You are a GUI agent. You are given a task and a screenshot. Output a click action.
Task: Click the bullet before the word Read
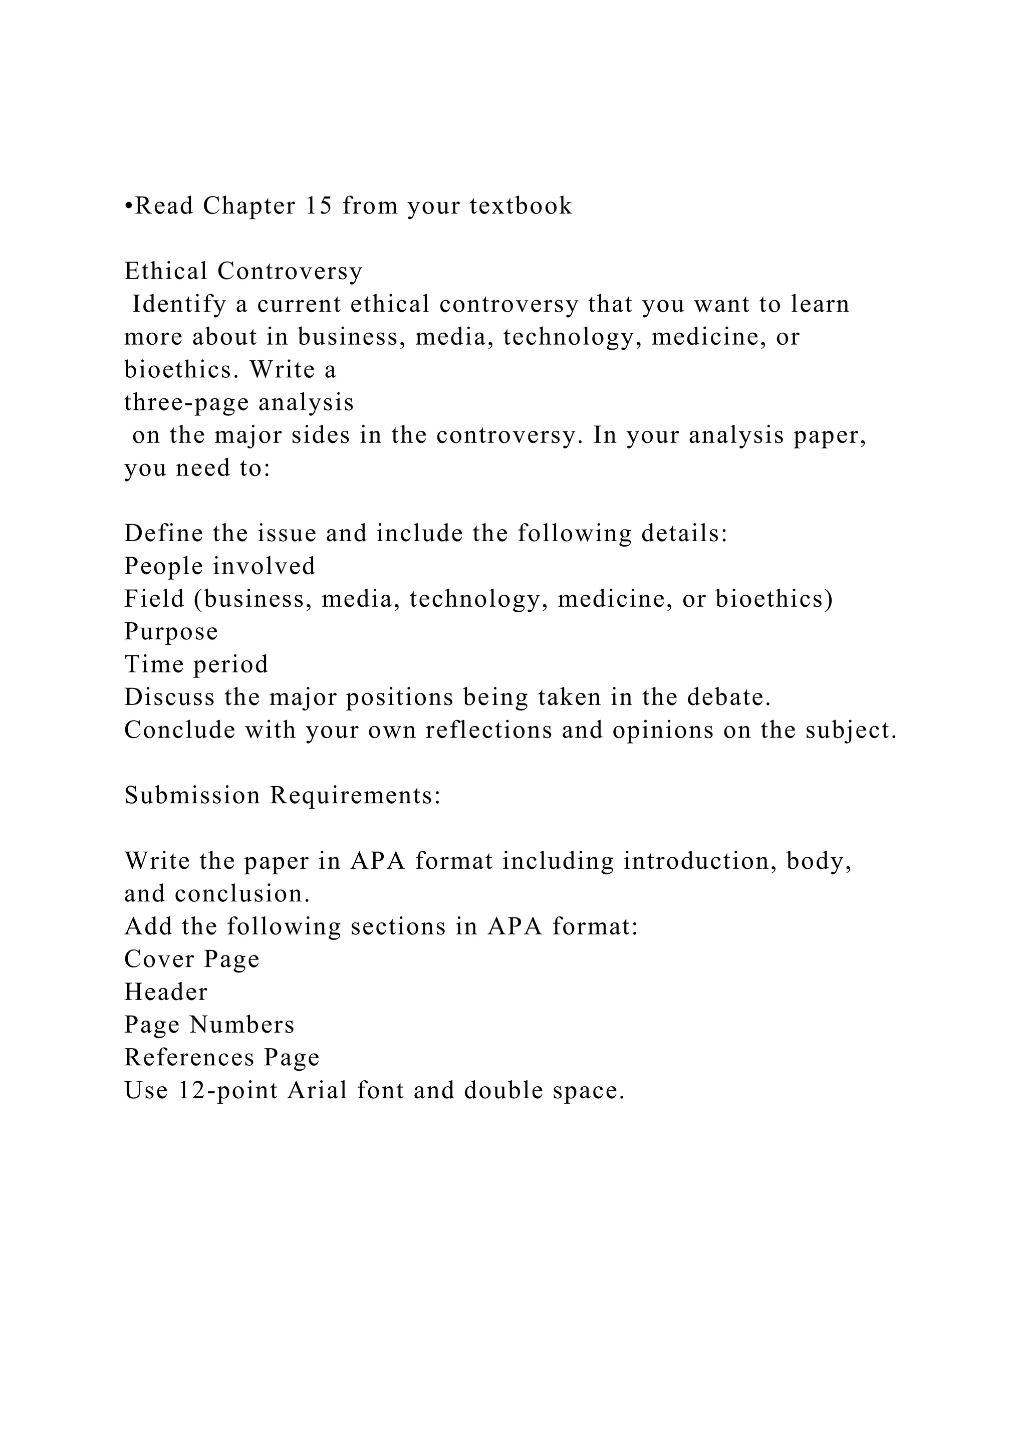click(x=129, y=206)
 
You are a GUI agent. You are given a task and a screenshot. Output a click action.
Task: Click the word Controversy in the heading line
click(x=290, y=271)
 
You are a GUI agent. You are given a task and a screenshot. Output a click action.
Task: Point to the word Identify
click(x=179, y=305)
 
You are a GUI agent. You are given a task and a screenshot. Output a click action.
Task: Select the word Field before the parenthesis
click(x=154, y=599)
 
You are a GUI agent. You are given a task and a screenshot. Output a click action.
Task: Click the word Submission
click(x=192, y=795)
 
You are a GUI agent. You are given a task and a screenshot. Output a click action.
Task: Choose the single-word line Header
click(x=165, y=992)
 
